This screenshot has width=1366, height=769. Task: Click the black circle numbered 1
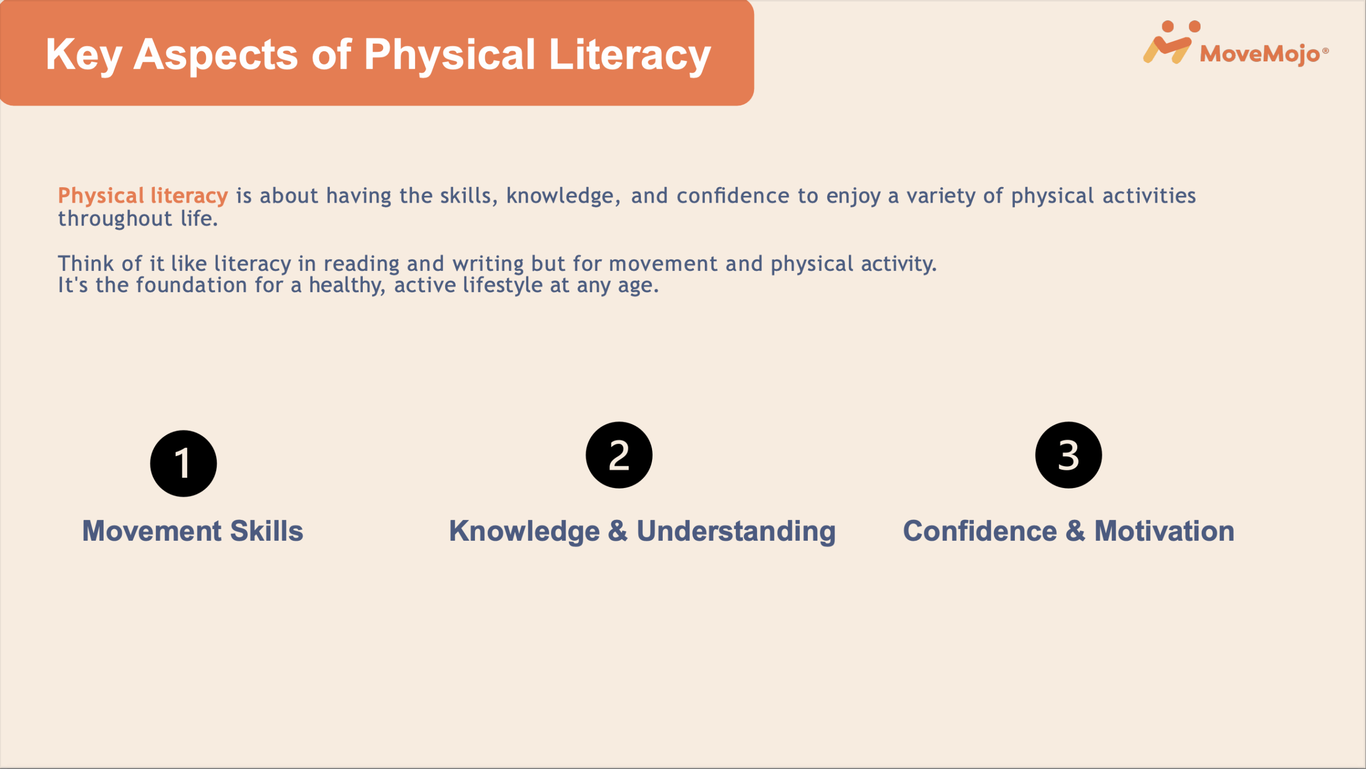pyautogui.click(x=183, y=463)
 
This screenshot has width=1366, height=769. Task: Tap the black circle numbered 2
pyautogui.click(x=619, y=455)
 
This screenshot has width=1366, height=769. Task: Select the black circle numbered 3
pyautogui.click(x=1068, y=455)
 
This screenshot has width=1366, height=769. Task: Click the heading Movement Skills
pyautogui.click(x=193, y=531)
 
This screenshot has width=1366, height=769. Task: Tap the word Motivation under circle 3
pyautogui.click(x=1164, y=531)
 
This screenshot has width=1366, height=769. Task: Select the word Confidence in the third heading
pyautogui.click(x=980, y=531)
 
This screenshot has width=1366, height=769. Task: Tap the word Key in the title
pyautogui.click(x=84, y=55)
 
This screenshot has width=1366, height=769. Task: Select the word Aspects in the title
pyautogui.click(x=216, y=55)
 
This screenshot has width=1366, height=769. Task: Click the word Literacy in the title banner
pyautogui.click(x=630, y=55)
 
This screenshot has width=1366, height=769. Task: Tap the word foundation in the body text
pyautogui.click(x=191, y=285)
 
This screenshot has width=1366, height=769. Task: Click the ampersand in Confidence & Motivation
pyautogui.click(x=1076, y=531)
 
